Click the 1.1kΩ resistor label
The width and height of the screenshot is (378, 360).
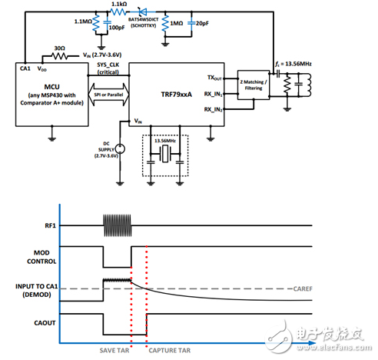(119, 5)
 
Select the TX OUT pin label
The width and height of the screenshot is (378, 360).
(215, 77)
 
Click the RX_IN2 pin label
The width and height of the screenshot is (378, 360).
(214, 110)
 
